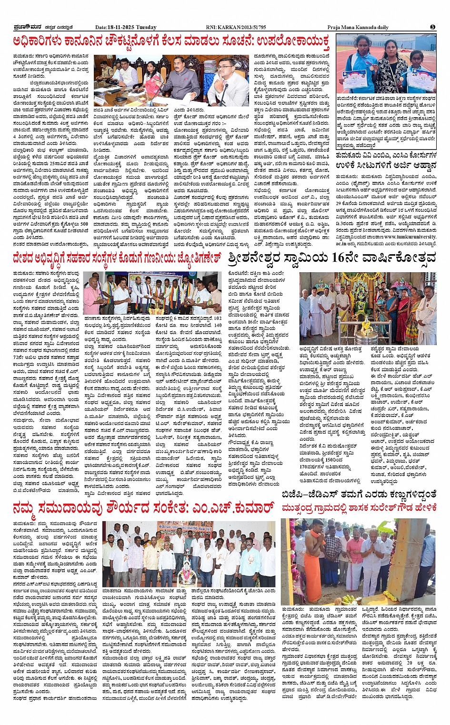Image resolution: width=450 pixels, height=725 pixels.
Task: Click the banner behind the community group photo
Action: (190, 528)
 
